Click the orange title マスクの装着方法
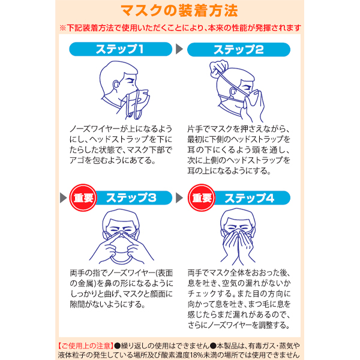(x=179, y=11)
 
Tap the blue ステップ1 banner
(x=121, y=49)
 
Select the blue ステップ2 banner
(x=239, y=49)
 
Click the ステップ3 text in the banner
(x=131, y=197)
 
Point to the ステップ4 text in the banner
(x=250, y=198)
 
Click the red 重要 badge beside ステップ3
(x=83, y=197)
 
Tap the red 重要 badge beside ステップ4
(x=202, y=197)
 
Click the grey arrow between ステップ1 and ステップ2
(x=179, y=49)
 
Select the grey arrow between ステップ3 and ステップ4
(x=179, y=197)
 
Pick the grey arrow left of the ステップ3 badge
(x=63, y=197)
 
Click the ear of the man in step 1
(x=116, y=85)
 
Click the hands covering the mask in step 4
(x=238, y=245)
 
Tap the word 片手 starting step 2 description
(x=195, y=129)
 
